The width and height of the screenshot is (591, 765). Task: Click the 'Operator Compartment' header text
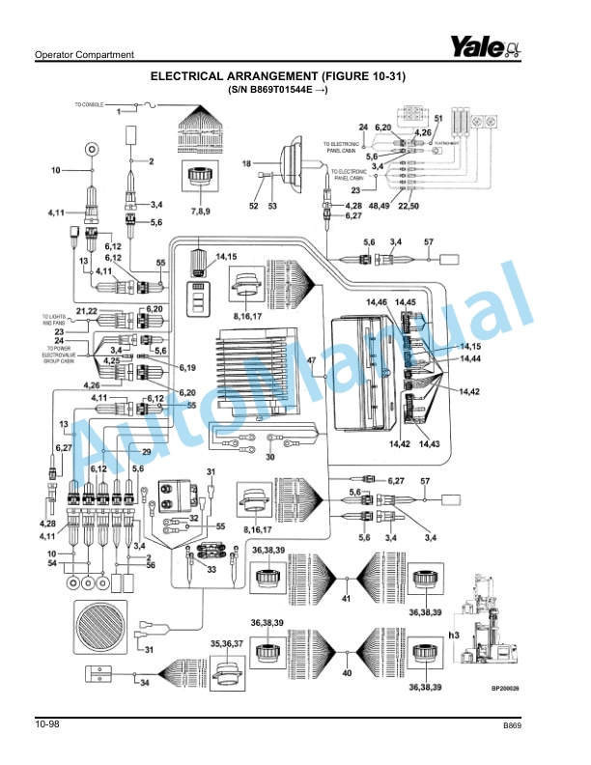coord(84,55)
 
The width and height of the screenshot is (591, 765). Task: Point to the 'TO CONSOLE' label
coord(89,103)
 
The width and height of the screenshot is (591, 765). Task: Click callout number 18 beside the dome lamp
coord(246,163)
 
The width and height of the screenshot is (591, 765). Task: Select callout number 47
coord(312,361)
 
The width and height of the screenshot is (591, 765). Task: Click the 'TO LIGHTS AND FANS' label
coord(56,320)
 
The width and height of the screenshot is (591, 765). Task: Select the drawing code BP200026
coord(505,689)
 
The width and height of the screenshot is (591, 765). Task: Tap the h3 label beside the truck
coord(453,635)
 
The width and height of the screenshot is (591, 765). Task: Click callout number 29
coord(147,452)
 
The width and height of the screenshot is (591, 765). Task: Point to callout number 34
coord(144,683)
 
